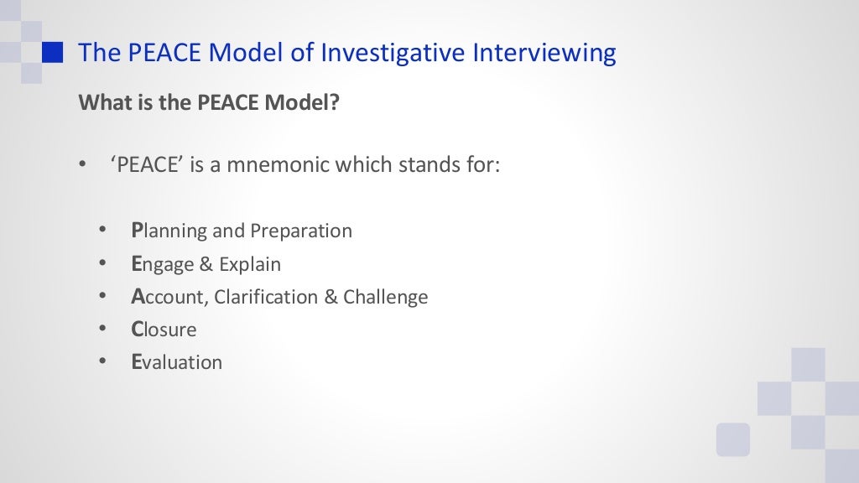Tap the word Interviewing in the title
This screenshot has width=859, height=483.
click(x=544, y=53)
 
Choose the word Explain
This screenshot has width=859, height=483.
click(x=250, y=264)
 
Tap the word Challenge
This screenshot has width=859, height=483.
click(x=386, y=297)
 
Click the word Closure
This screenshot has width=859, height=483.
click(x=164, y=330)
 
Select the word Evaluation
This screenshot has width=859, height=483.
click(x=177, y=362)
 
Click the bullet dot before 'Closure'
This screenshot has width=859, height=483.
click(x=102, y=330)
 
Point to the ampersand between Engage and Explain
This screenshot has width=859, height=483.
click(x=206, y=264)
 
